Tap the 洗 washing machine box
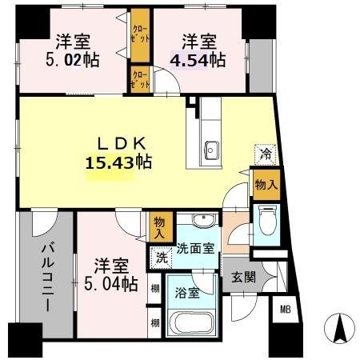[x=162, y=258]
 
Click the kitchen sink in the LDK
[x=213, y=149]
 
